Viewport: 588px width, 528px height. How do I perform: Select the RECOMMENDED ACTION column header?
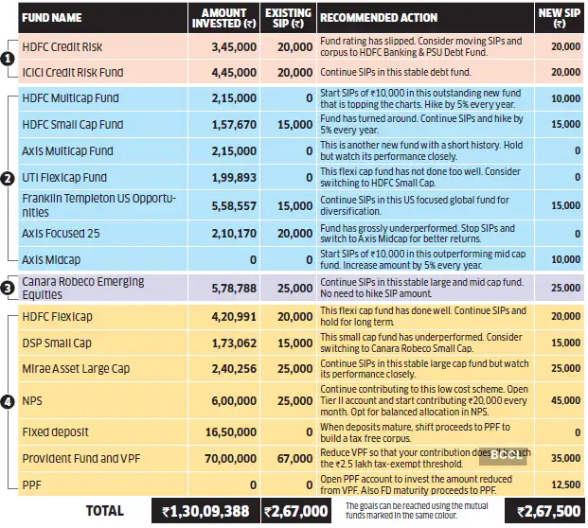[x=378, y=17]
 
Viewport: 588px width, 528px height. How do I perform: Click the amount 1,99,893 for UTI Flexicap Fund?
[x=223, y=177]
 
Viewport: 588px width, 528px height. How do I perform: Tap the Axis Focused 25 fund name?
[x=61, y=233]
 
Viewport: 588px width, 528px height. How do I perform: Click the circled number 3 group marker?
[x=8, y=288]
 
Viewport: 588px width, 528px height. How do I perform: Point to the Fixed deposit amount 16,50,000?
[x=221, y=431]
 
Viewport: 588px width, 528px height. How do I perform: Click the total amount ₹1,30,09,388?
[x=205, y=511]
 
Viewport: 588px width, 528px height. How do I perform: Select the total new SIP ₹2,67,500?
[x=551, y=511]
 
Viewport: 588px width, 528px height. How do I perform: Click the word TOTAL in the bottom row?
[x=104, y=511]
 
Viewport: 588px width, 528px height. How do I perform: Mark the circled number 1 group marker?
[x=8, y=59]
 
